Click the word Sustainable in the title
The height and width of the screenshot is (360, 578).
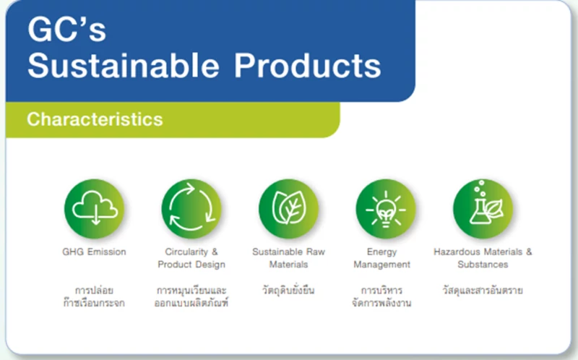tap(123, 65)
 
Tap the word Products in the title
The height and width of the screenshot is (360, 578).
tap(308, 65)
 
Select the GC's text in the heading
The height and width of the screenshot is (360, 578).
tap(66, 29)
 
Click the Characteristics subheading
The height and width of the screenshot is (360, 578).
tap(95, 119)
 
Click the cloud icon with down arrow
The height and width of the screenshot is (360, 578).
tap(95, 209)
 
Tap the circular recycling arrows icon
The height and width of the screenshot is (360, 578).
tap(191, 209)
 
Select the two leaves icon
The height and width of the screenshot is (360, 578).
tap(288, 209)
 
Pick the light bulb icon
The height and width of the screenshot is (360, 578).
tap(386, 209)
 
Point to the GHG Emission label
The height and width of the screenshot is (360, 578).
tap(94, 252)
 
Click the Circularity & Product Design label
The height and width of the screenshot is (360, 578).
tap(191, 258)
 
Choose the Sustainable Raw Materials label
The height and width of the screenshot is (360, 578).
tap(288, 258)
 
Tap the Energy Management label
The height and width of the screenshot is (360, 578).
tap(382, 258)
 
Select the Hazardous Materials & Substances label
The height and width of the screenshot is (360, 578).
tap(483, 258)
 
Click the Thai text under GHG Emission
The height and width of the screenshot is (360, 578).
tap(94, 296)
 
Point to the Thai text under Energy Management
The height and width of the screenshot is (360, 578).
tap(381, 296)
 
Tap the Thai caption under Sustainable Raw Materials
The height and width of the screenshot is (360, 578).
tap(288, 290)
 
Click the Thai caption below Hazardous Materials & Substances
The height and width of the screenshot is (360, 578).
tap(483, 291)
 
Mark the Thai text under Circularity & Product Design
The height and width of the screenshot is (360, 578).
tap(191, 296)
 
